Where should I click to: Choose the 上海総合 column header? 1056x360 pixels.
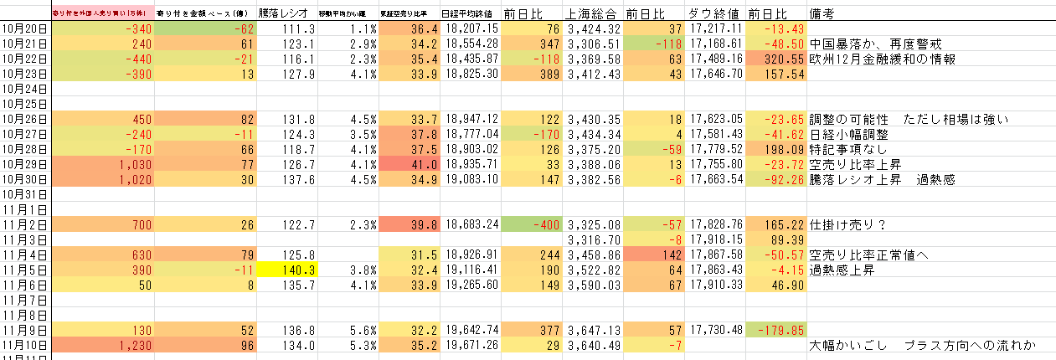[592, 13]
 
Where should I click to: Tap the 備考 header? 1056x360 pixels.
[827, 13]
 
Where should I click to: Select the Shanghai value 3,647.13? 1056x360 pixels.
[594, 330]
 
